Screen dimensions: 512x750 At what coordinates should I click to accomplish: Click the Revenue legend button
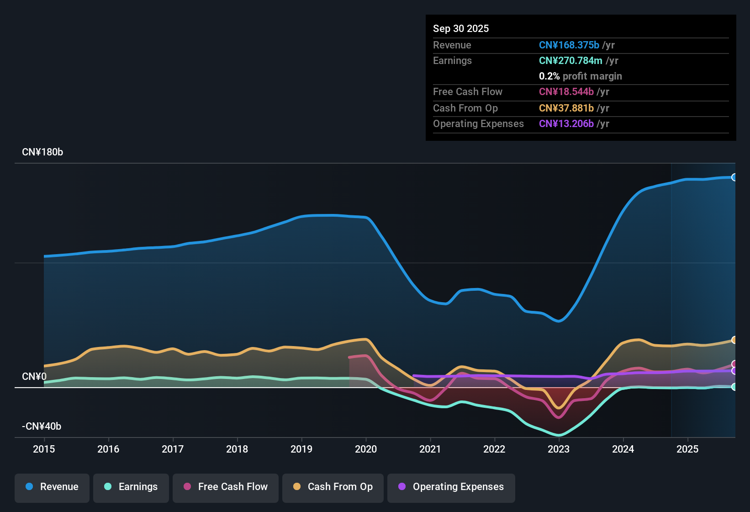[52, 487]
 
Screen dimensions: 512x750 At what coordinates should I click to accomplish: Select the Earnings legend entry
[131, 487]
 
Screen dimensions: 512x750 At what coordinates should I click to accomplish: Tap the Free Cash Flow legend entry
[226, 487]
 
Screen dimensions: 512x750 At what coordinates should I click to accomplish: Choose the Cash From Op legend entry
[333, 487]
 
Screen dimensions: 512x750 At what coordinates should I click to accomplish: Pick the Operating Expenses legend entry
[451, 487]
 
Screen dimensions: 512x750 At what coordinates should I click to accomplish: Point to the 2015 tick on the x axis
[44, 449]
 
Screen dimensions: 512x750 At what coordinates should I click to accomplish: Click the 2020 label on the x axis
[366, 449]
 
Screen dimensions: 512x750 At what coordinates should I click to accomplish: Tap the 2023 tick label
[559, 449]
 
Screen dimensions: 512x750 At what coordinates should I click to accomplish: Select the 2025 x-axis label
[687, 449]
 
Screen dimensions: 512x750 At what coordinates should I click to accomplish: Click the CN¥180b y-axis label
[42, 152]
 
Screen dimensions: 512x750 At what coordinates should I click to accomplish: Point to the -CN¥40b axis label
[42, 427]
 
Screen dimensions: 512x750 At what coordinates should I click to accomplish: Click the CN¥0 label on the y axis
[34, 377]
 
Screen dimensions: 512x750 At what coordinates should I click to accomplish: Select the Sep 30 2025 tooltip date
[461, 29]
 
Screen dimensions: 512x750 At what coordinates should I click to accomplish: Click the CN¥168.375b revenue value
[569, 45]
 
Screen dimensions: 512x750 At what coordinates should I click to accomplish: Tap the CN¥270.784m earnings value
[570, 61]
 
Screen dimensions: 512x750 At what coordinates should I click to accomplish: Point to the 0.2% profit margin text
[580, 76]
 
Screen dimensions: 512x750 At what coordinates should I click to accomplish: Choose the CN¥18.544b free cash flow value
[566, 92]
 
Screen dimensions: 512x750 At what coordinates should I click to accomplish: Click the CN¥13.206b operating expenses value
[566, 124]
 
